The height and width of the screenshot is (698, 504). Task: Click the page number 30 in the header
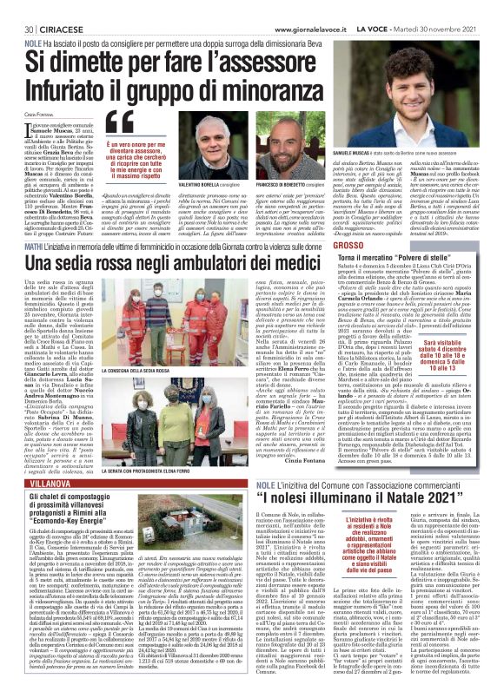[17, 29]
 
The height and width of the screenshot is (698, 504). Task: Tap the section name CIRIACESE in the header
[54, 29]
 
